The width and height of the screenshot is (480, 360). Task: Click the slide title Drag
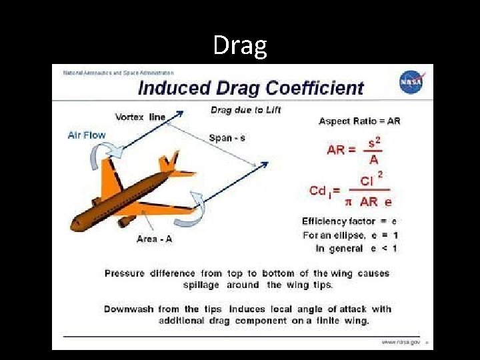pos(240,45)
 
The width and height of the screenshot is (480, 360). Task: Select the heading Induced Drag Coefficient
pos(251,88)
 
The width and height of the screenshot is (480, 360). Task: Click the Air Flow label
pos(87,135)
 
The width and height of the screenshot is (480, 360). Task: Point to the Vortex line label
pos(140,117)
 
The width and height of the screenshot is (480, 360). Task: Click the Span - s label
pos(227,138)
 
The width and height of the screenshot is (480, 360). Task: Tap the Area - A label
pos(154,239)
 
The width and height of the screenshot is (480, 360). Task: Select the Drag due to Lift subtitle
pos(246,110)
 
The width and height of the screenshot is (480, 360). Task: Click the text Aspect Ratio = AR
pos(359,121)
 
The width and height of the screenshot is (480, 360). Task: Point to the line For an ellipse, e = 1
pos(350,235)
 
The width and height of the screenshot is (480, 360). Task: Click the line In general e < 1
pos(356,249)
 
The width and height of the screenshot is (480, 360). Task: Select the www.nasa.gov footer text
pos(401,342)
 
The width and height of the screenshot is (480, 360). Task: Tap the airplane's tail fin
pos(171,160)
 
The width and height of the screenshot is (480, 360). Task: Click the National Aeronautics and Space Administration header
pos(118,73)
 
